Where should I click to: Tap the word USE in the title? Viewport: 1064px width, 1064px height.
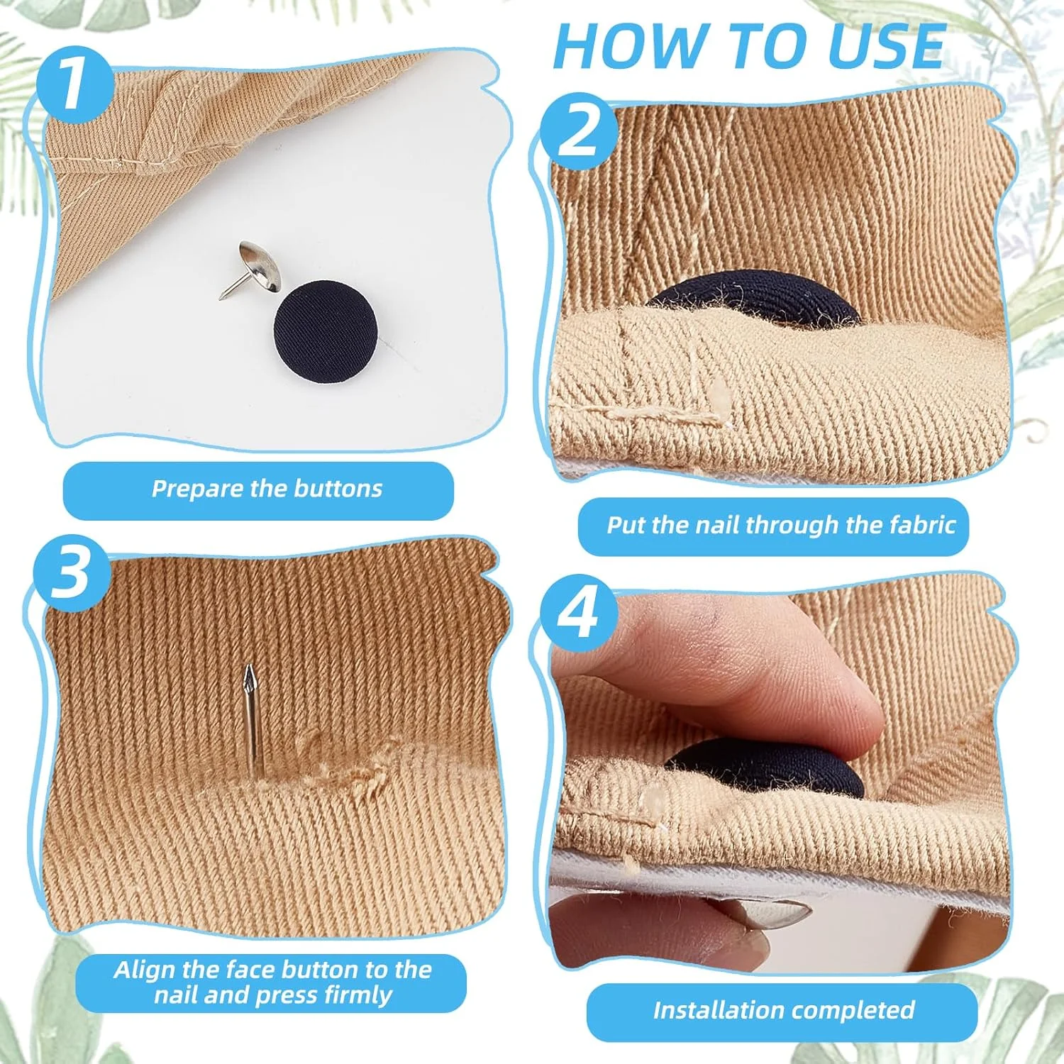coord(886,47)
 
